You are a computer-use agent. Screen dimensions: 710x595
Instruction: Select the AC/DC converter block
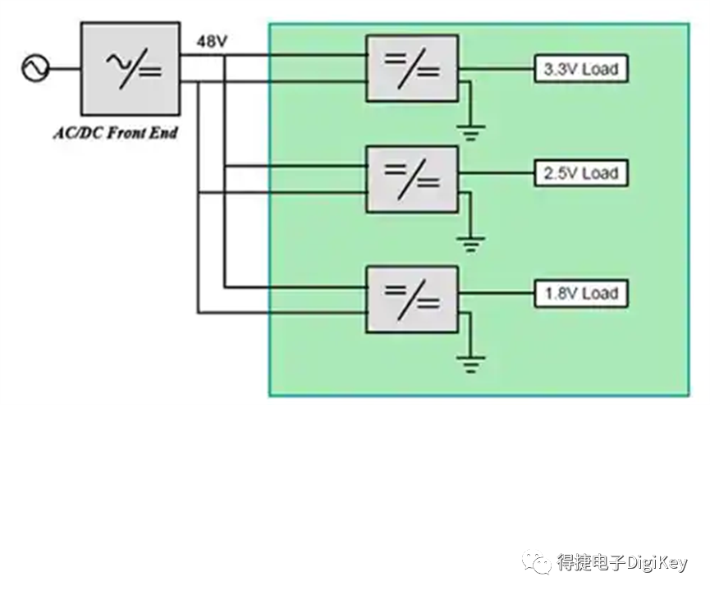click(131, 68)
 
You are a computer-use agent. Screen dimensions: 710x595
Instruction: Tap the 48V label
click(212, 42)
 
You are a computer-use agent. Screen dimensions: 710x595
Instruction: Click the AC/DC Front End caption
click(116, 133)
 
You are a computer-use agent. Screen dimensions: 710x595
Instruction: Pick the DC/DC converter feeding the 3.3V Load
click(412, 68)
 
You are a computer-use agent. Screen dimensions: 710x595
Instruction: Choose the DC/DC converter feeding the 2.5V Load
click(412, 179)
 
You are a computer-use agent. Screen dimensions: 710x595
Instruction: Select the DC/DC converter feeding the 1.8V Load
click(412, 300)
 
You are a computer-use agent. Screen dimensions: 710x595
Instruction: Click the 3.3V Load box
click(581, 69)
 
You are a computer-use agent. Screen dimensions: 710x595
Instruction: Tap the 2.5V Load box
click(581, 173)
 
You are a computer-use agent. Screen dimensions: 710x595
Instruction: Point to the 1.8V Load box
click(581, 294)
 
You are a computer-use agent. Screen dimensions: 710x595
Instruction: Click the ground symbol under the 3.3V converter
click(471, 133)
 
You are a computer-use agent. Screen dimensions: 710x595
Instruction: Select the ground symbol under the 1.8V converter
click(471, 365)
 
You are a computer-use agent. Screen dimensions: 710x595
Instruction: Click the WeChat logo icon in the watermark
click(537, 562)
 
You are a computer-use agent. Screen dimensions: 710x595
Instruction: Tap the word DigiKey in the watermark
click(657, 563)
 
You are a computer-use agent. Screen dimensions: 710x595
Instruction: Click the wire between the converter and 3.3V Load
click(497, 69)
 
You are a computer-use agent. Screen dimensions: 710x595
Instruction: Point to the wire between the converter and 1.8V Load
click(497, 294)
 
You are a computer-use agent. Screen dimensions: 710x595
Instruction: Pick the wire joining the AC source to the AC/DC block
click(64, 69)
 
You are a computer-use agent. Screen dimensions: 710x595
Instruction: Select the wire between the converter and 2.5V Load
click(497, 173)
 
